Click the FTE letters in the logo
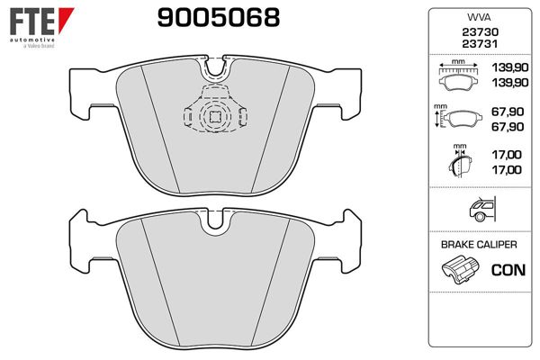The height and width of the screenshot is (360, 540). pyautogui.click(x=32, y=22)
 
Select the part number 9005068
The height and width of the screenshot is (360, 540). pyautogui.click(x=219, y=18)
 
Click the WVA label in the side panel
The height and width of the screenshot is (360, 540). pyautogui.click(x=479, y=17)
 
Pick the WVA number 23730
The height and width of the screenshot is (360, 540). pyautogui.click(x=480, y=32)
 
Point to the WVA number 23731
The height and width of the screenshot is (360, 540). pyautogui.click(x=480, y=44)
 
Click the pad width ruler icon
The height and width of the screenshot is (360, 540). pyautogui.click(x=458, y=75)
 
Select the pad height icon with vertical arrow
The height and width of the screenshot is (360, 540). pyautogui.click(x=458, y=116)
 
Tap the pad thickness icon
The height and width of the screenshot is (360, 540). pyautogui.click(x=460, y=161)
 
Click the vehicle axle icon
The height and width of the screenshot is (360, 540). pyautogui.click(x=482, y=209)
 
